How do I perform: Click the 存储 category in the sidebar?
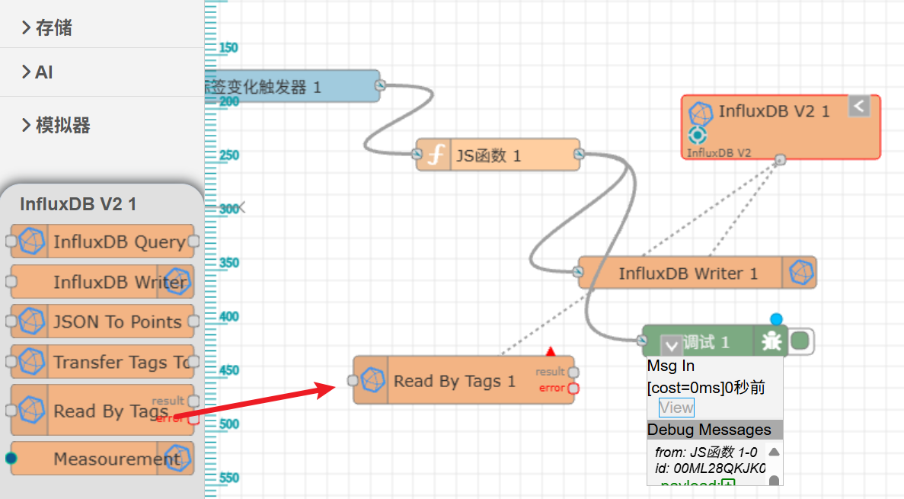[x=53, y=28]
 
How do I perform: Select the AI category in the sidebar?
[x=44, y=72]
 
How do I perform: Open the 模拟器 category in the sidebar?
[x=62, y=125]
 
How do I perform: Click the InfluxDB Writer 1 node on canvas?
[x=688, y=273]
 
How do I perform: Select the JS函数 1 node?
[x=488, y=155]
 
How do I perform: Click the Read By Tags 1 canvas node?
[x=454, y=380]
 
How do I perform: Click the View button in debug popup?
[x=676, y=407]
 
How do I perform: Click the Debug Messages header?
[x=714, y=430]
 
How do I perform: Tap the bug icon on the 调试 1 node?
[x=771, y=341]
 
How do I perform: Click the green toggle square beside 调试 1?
[x=800, y=341]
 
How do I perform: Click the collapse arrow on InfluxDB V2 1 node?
[x=859, y=106]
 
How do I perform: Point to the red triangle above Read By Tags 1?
[x=551, y=351]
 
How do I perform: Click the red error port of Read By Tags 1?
[x=573, y=388]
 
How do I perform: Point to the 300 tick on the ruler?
[x=227, y=208]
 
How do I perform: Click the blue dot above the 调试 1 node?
[x=776, y=318]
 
